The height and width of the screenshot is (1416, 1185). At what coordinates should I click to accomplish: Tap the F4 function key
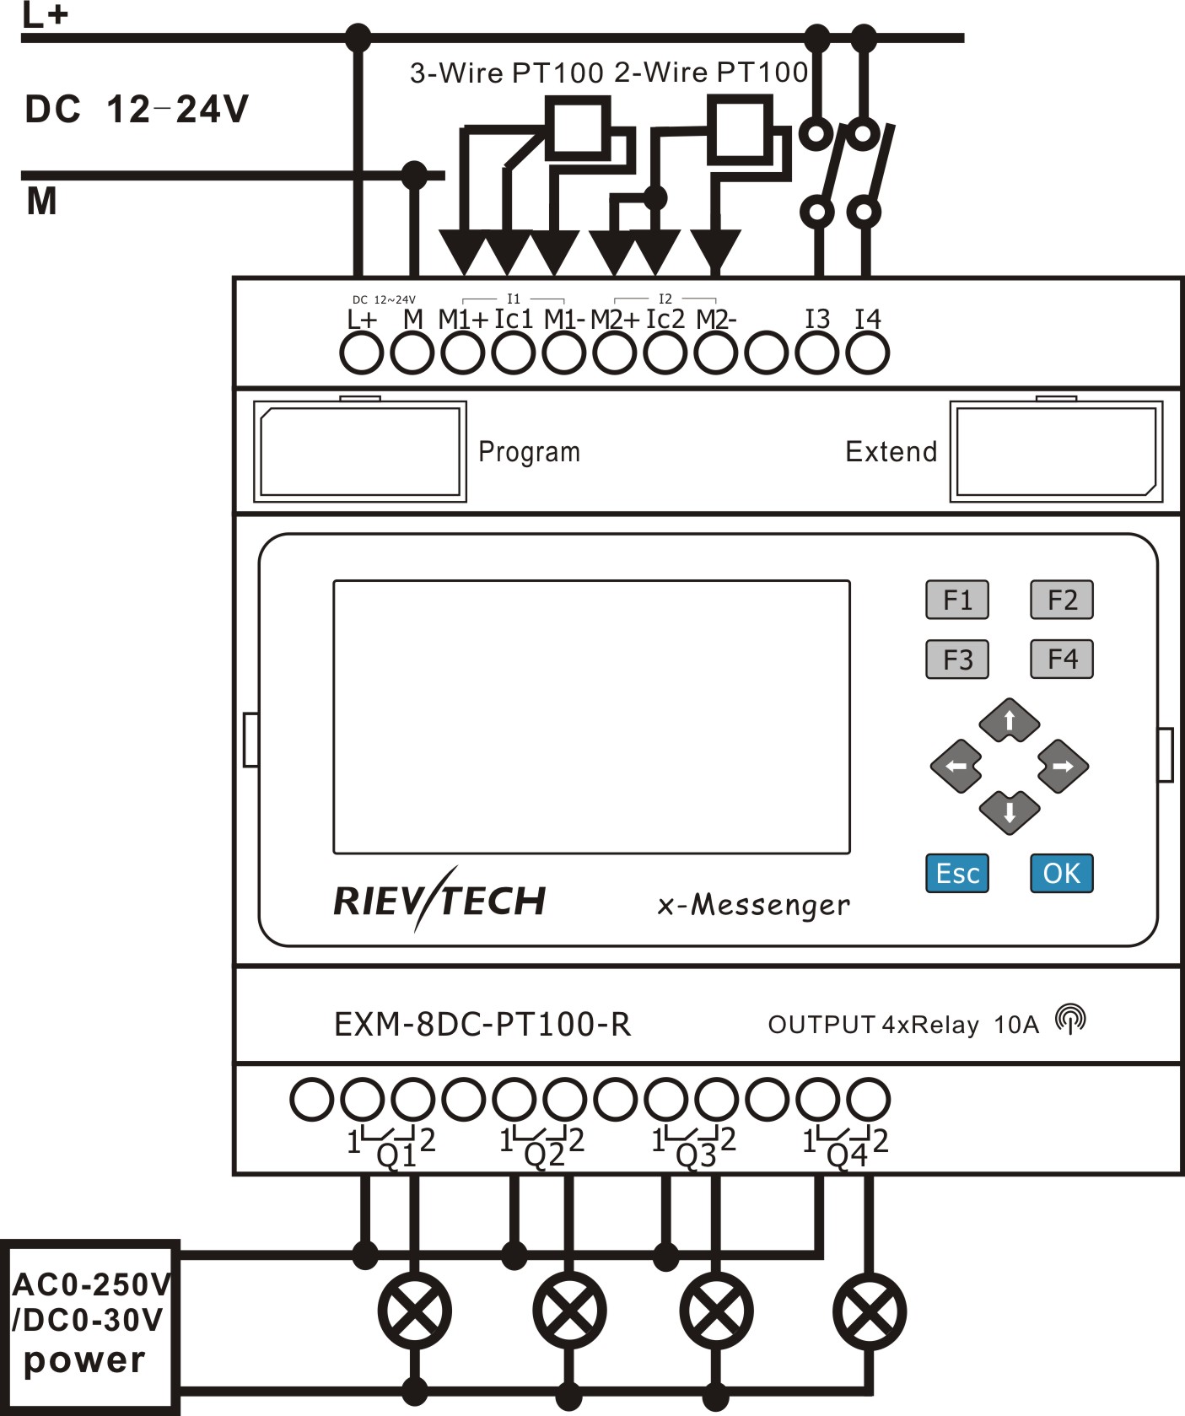[x=1061, y=659]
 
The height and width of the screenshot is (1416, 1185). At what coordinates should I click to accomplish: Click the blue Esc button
[x=956, y=873]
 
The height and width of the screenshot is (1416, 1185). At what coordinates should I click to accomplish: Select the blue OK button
[x=1061, y=873]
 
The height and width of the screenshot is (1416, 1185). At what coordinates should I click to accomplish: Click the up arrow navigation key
[x=1009, y=721]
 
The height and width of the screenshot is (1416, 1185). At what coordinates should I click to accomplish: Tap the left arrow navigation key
[x=956, y=766]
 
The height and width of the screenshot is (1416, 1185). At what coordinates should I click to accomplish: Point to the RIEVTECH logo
[x=439, y=901]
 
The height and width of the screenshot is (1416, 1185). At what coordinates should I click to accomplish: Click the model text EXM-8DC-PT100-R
[x=482, y=1024]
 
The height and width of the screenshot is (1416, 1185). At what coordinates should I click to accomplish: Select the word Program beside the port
[x=529, y=452]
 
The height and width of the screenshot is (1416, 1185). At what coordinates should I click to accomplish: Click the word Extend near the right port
[x=891, y=452]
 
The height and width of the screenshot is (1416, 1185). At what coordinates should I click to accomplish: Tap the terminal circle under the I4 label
[x=867, y=353]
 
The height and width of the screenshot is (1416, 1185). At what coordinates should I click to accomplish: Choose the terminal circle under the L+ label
[x=361, y=353]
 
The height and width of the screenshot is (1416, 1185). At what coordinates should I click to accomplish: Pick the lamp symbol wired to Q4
[x=869, y=1311]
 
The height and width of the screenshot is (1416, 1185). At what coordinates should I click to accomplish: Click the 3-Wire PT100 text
[x=506, y=73]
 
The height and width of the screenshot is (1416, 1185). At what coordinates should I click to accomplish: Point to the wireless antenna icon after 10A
[x=1070, y=1019]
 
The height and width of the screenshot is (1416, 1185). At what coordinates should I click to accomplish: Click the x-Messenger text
[x=753, y=905]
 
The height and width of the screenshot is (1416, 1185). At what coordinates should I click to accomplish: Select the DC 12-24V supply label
[x=137, y=110]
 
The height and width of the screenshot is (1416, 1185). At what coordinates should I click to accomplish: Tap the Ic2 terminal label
[x=665, y=319]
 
